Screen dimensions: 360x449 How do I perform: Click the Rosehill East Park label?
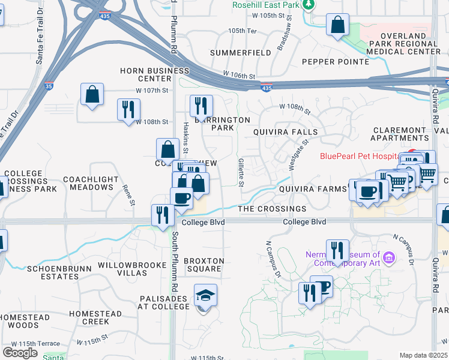[x=266, y=5]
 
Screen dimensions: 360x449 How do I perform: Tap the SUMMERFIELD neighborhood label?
[x=240, y=53]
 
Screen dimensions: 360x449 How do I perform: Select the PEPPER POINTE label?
[x=335, y=62]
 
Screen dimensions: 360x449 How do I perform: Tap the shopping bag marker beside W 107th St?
[x=92, y=95]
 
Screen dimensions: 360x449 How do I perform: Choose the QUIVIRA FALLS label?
[x=285, y=131]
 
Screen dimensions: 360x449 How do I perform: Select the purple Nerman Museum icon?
[x=389, y=259]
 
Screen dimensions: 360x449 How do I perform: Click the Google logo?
[x=20, y=353]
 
